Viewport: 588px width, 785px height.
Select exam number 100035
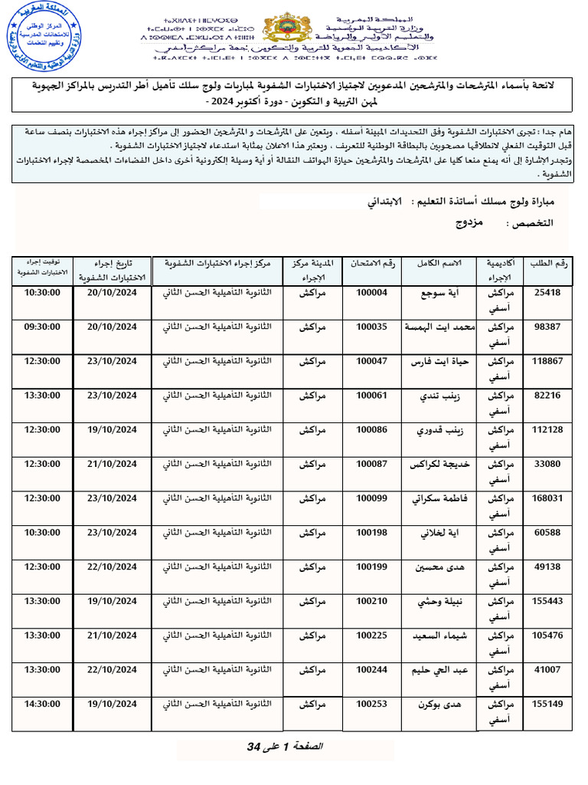(372, 327)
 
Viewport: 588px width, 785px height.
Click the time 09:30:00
(42, 327)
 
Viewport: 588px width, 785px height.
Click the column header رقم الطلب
(550, 264)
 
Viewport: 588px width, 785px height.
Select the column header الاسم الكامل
(439, 264)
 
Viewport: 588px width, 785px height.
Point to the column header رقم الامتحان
(372, 264)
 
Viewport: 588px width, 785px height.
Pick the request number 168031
(547, 498)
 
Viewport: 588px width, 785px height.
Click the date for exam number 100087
(112, 464)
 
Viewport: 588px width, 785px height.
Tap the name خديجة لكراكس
(438, 465)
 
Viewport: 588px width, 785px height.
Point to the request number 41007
(547, 669)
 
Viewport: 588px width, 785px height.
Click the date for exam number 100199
(112, 567)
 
